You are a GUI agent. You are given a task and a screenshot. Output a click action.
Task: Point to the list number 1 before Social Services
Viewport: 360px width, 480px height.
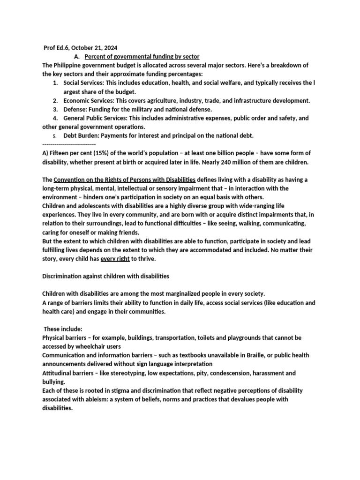pos(55,83)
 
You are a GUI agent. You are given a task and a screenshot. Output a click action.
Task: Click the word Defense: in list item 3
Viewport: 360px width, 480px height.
pos(76,109)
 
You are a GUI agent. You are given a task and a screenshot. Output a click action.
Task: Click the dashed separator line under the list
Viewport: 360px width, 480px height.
pos(69,144)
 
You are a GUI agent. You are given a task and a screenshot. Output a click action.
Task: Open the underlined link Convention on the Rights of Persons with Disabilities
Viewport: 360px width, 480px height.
pos(125,180)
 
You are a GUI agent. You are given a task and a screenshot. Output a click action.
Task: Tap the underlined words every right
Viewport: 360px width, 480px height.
pos(115,259)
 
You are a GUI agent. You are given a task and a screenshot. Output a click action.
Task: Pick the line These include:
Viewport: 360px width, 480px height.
pos(63,329)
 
